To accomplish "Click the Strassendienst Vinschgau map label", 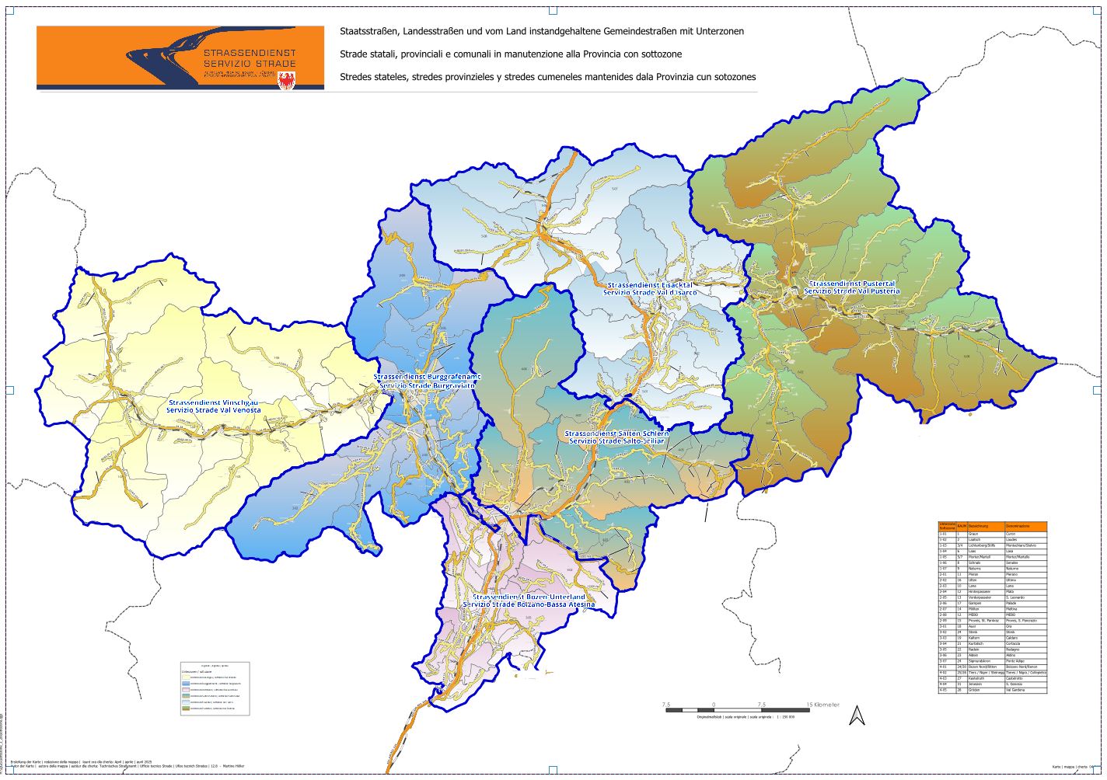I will pyautogui.click(x=213, y=402).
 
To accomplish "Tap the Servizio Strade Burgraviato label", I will pyautogui.click(x=427, y=386).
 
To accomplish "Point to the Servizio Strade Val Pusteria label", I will pyautogui.click(x=853, y=291).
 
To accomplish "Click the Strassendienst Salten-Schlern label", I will pyautogui.click(x=616, y=433).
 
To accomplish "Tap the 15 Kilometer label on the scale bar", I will pyautogui.click(x=822, y=705).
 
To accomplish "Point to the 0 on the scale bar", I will pyautogui.click(x=713, y=705).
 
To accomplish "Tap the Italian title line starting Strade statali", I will pyautogui.click(x=510, y=54).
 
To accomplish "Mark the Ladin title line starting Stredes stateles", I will pyautogui.click(x=547, y=77).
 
